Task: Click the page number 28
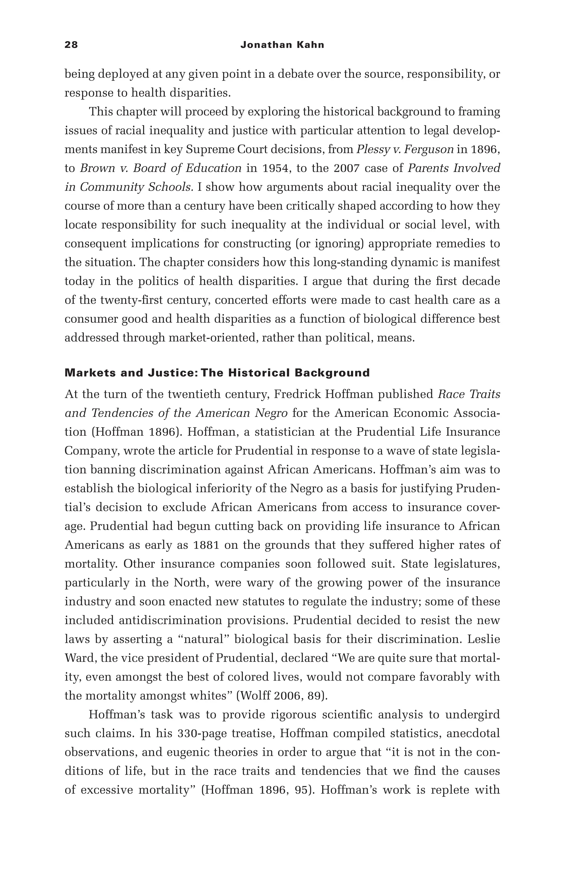tap(71, 45)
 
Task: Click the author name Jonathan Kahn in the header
tap(282, 45)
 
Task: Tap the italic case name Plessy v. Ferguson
tap(405, 149)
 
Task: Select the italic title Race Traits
tap(469, 394)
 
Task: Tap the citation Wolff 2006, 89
tap(282, 696)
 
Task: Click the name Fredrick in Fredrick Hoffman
tap(297, 394)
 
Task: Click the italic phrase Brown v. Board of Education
tap(161, 168)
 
